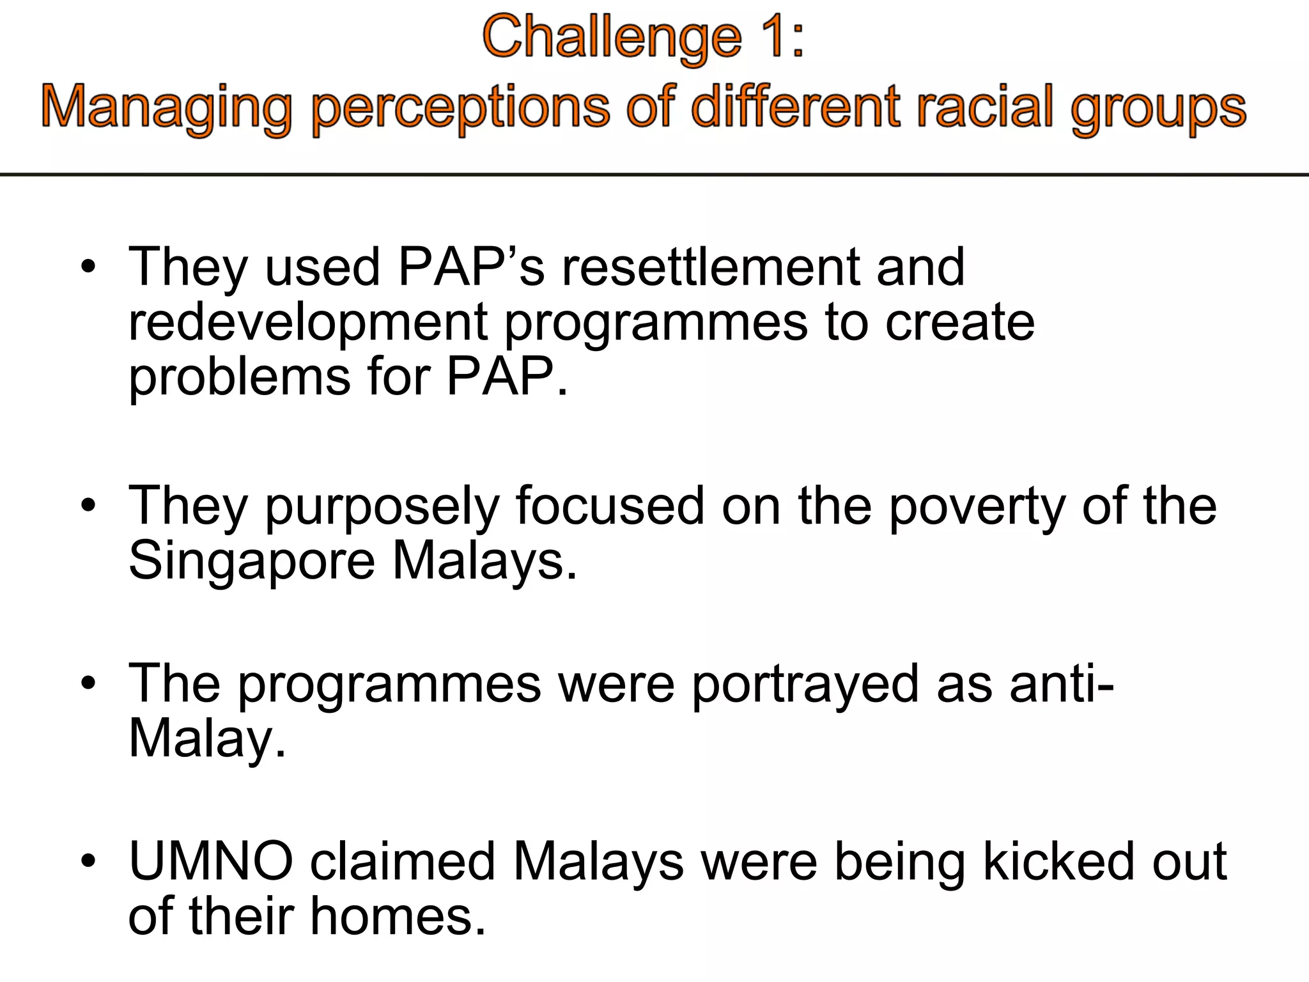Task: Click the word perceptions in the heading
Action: (x=460, y=107)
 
